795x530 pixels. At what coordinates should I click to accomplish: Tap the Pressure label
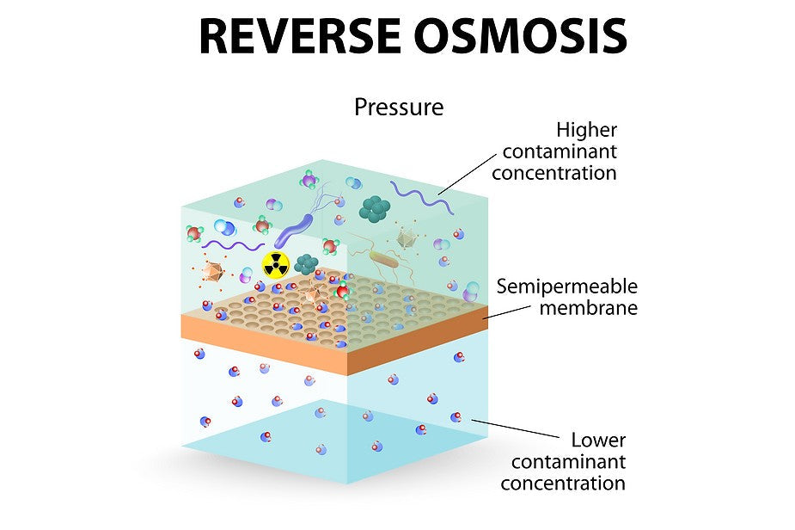(399, 108)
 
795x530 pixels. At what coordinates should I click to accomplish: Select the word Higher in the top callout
(586, 130)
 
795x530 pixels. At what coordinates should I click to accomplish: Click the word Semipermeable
(567, 287)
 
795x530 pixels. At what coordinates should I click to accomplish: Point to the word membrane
(589, 307)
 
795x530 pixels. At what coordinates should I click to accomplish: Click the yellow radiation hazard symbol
(275, 266)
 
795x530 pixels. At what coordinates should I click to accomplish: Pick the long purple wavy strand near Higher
(420, 197)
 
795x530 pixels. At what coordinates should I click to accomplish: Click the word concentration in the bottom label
(562, 483)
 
